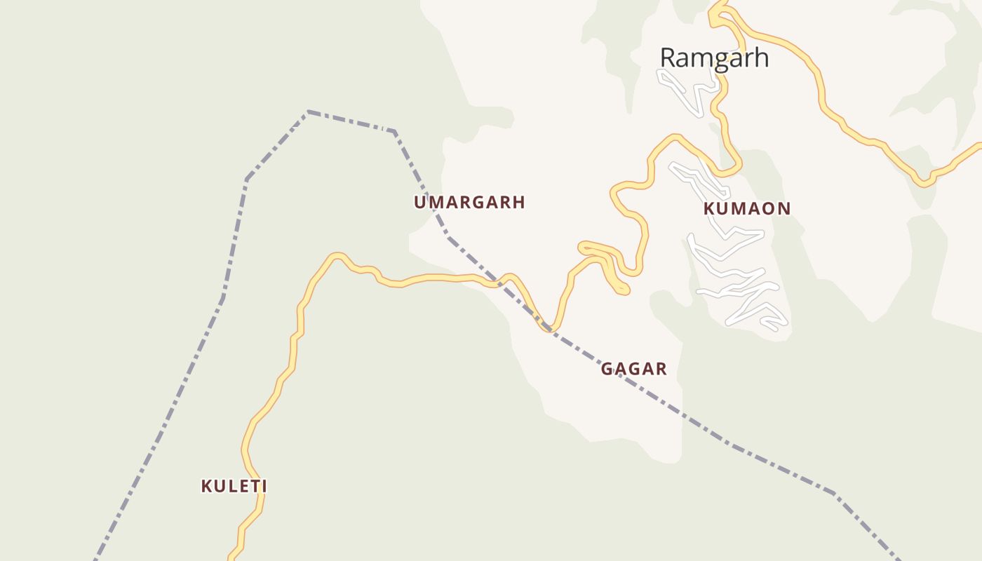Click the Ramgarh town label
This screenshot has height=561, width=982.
pos(714,58)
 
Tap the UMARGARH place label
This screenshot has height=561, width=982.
pos(469,203)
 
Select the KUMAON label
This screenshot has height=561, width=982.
pos(747,208)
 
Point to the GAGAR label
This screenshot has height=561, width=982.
pos(634,369)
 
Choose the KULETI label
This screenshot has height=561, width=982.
pos(234,486)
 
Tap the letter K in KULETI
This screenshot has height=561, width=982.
pos(206,486)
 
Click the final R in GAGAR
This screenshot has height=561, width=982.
pos(661,369)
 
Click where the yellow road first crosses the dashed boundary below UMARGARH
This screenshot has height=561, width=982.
pos(495,282)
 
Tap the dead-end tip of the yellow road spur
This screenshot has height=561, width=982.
pos(623,289)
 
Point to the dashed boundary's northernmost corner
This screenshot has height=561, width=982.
pos(308,111)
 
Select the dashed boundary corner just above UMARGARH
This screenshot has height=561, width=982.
pos(394,131)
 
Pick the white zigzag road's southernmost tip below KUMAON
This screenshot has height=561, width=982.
pos(774,328)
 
